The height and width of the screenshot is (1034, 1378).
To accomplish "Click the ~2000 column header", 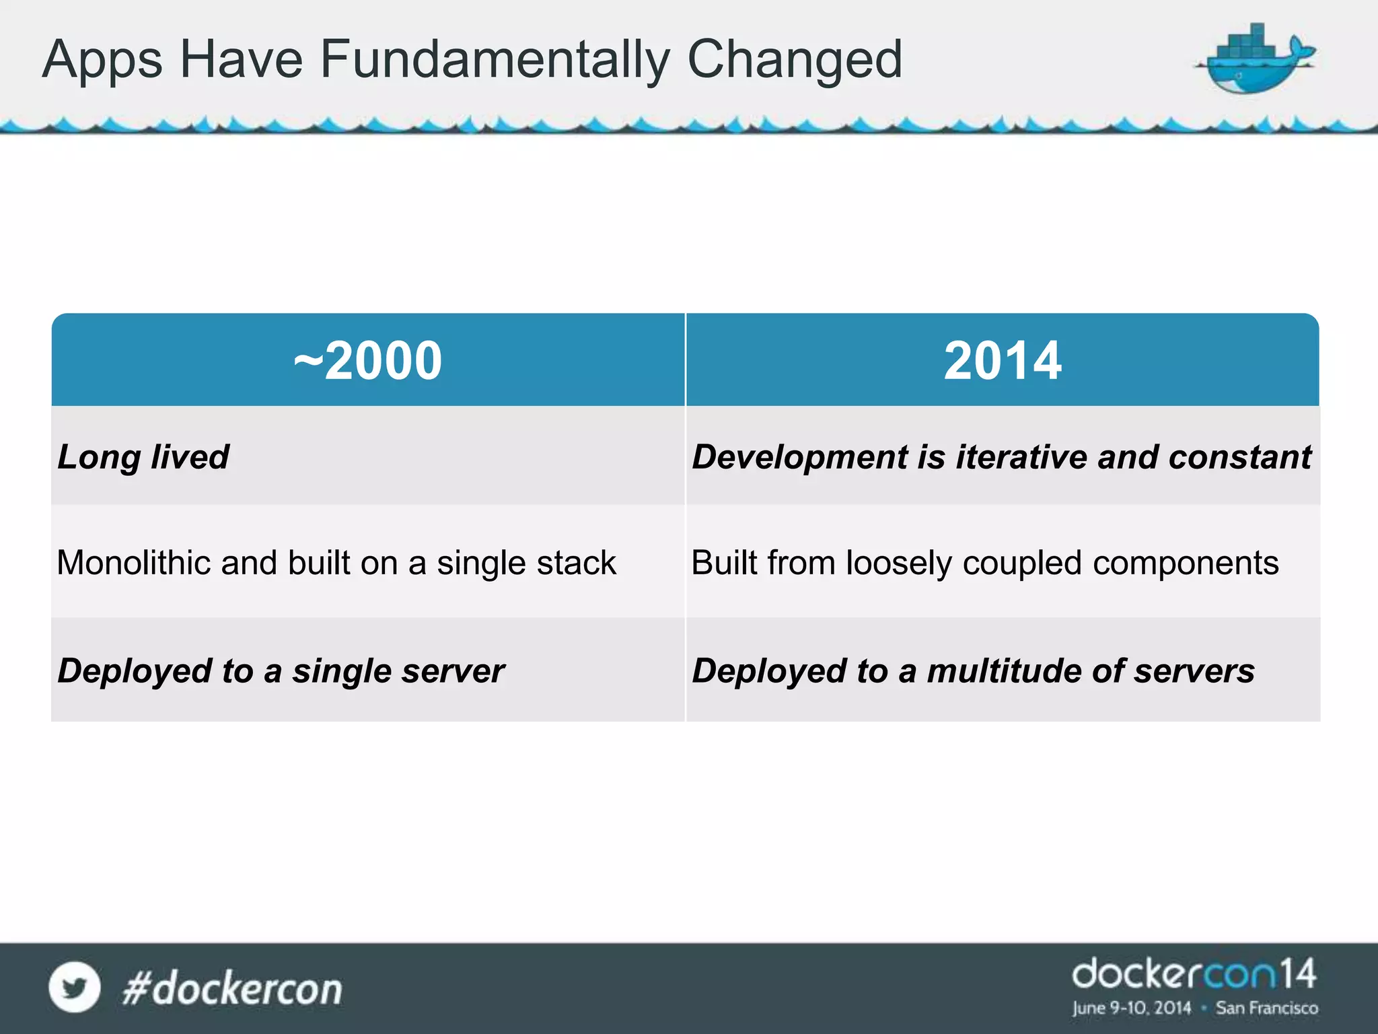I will click(368, 361).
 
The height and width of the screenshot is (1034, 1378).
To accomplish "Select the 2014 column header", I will click(1003, 361).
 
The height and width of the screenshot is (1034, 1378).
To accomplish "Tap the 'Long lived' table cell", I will click(143, 457).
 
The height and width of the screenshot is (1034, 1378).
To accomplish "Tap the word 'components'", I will click(1186, 563).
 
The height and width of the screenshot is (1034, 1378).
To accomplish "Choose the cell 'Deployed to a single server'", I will click(281, 671).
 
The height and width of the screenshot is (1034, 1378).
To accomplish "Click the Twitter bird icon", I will click(75, 988).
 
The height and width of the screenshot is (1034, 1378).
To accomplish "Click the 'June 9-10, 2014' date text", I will click(1132, 1008).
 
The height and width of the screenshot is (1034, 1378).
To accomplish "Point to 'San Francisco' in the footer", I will click(1266, 1008).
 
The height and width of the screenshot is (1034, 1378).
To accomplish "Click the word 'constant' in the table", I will click(1240, 457).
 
